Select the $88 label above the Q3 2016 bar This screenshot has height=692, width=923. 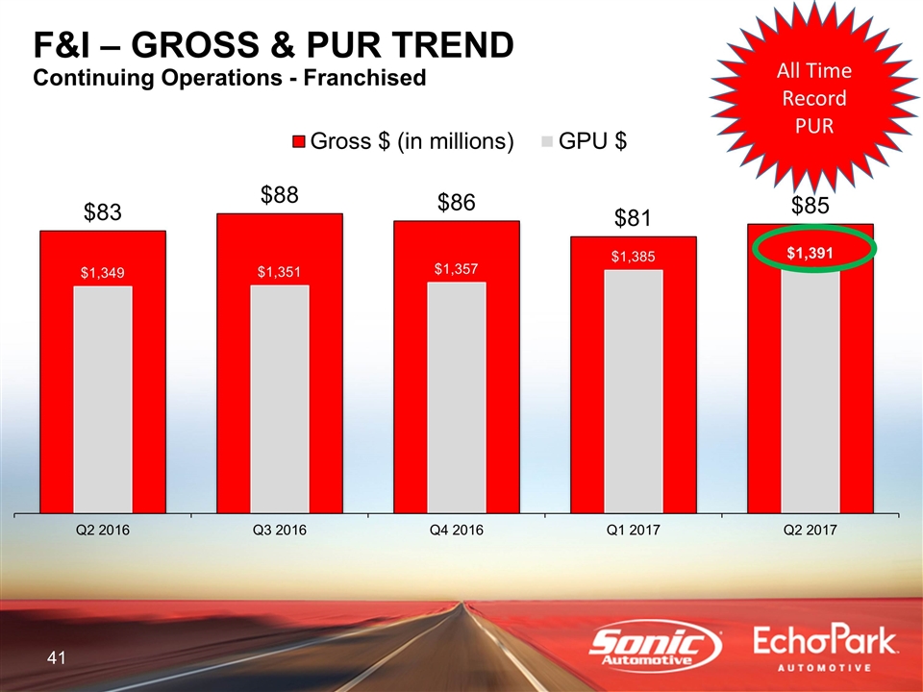[281, 195]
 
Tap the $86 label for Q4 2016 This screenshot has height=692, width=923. [458, 203]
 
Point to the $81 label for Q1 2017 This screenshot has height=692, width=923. [635, 219]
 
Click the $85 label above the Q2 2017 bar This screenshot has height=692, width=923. [811, 206]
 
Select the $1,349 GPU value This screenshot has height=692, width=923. [102, 273]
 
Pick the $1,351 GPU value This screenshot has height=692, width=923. [279, 272]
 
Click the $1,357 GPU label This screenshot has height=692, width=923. [456, 268]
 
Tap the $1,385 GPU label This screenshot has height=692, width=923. [634, 257]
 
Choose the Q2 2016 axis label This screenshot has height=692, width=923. [103, 531]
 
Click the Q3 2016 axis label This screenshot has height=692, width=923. [280, 531]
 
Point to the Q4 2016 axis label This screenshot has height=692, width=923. [457, 531]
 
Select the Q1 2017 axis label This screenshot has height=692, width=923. [634, 531]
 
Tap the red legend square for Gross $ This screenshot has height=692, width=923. [299, 142]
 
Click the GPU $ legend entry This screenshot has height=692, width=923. [586, 142]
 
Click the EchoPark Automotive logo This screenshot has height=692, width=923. [826, 649]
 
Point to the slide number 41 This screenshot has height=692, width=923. [56, 658]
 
